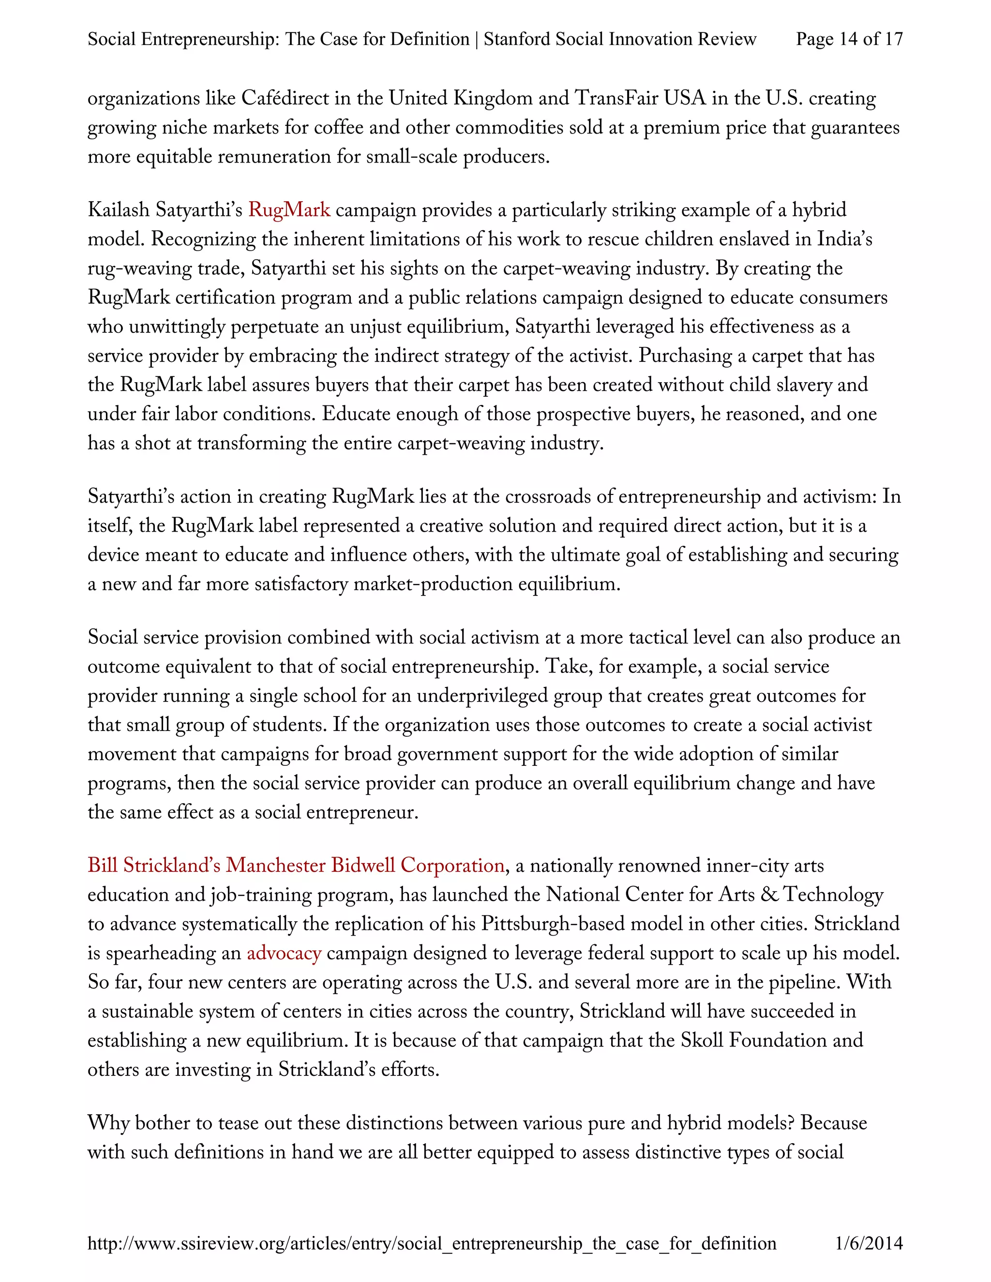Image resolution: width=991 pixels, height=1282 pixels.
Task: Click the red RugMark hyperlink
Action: point(289,209)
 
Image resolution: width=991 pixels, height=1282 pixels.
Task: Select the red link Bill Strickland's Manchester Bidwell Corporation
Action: point(296,865)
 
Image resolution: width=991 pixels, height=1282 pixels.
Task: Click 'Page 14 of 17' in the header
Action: point(848,39)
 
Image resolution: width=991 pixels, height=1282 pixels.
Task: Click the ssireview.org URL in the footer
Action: point(432,1243)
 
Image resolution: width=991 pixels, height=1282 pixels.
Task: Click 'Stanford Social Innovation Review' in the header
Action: point(619,39)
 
